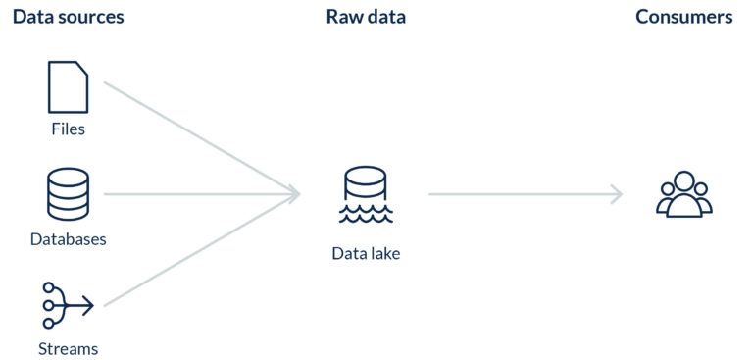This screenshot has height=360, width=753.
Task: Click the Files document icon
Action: coord(68,86)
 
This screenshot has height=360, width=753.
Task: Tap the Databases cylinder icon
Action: coord(68,193)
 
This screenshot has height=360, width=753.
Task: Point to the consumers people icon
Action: coord(683,194)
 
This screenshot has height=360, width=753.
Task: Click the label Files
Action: coord(68,129)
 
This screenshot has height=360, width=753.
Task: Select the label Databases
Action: coord(68,238)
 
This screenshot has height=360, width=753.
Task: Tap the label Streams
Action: coord(68,348)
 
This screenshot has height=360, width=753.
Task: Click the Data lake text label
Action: coord(366,254)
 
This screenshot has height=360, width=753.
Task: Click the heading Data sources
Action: coord(68,18)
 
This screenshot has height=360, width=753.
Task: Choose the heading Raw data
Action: coord(366,18)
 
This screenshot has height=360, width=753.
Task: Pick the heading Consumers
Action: coord(683,18)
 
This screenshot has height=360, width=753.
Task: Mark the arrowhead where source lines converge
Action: coord(294,194)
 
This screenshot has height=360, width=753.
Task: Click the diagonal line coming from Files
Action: coord(196,136)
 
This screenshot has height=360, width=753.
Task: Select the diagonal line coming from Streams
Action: coord(196,251)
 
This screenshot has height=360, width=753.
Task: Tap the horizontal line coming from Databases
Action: coord(196,194)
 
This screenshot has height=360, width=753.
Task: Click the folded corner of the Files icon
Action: coord(82,69)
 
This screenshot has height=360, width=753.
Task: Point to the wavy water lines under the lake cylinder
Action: coord(366,214)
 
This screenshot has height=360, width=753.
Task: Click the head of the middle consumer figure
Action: coord(683,182)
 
